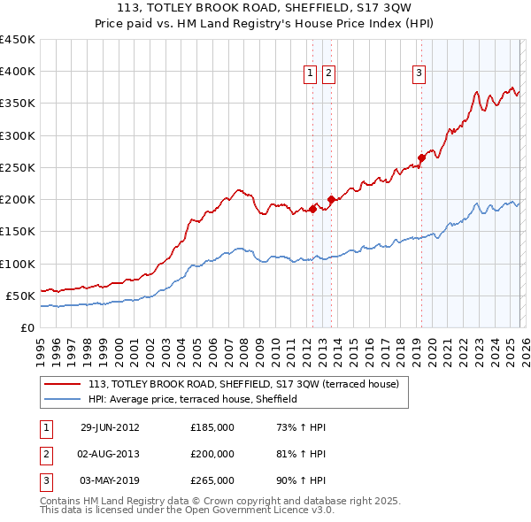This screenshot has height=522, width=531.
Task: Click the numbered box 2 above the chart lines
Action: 328,74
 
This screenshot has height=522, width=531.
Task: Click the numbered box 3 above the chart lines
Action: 419,74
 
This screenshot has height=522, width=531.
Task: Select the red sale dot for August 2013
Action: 330,200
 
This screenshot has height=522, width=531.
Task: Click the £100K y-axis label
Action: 18,264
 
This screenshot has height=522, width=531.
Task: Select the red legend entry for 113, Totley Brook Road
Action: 244,384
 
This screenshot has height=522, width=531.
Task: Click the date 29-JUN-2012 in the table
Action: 110,427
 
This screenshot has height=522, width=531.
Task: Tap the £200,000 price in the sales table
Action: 212,454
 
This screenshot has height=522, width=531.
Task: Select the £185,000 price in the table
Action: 212,427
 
